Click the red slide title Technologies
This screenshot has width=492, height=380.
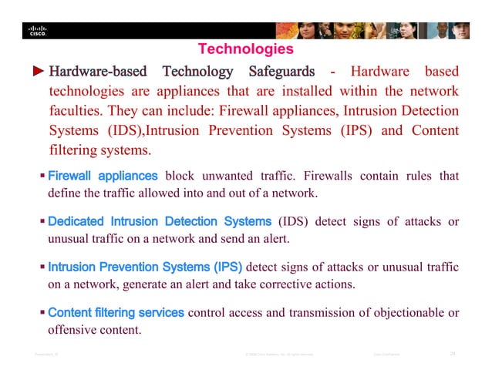[245, 49]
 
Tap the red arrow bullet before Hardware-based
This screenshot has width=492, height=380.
[38, 72]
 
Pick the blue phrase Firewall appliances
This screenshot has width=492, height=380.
[103, 176]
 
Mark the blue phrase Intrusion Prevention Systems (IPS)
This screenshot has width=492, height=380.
[145, 267]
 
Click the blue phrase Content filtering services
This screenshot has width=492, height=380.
[116, 313]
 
